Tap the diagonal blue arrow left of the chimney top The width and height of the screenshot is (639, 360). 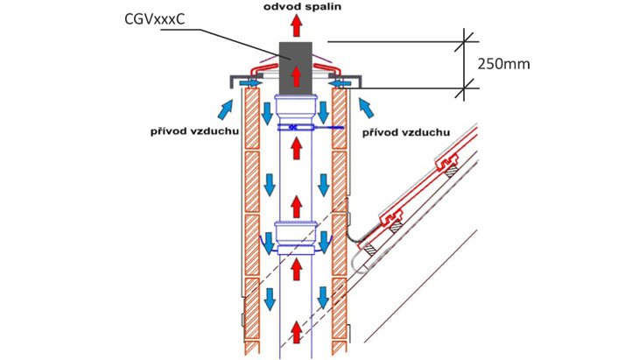226,109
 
